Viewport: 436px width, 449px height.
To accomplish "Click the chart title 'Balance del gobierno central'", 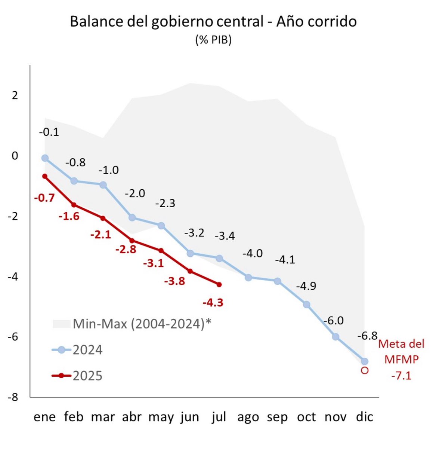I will (x=213, y=22).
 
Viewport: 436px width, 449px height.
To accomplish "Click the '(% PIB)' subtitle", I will (x=213, y=40).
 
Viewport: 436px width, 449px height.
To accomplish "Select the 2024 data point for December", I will (x=364, y=361).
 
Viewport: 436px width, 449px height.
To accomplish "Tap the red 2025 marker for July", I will (x=219, y=284).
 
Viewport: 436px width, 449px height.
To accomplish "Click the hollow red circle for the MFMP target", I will (x=365, y=370).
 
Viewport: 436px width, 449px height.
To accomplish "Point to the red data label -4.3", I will (x=213, y=302).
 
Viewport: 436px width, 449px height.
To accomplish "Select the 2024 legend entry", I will (x=77, y=350).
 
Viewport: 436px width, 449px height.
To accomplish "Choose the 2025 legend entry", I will (x=77, y=375).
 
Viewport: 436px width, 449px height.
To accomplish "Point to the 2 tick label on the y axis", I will (x=15, y=95).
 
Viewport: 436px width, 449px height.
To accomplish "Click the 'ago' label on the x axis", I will (x=248, y=417).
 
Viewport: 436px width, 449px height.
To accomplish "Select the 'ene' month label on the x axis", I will (x=44, y=417).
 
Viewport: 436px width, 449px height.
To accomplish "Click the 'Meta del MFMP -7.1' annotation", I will (x=401, y=360).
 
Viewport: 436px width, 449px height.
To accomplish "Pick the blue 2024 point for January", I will (x=45, y=158).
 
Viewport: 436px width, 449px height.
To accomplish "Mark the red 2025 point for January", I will (x=45, y=176).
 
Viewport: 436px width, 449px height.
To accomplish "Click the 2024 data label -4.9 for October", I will (x=306, y=286).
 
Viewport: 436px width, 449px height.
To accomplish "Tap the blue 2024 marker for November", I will (x=335, y=337).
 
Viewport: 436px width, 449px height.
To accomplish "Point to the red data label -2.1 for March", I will (x=101, y=235).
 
